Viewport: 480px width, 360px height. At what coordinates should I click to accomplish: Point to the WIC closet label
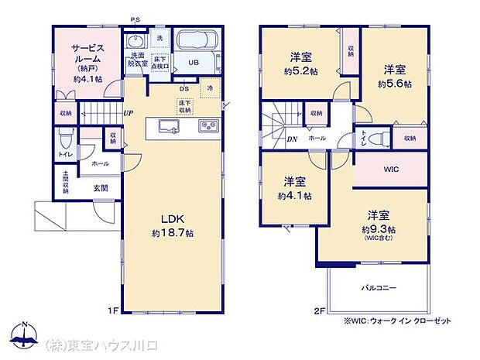(391, 170)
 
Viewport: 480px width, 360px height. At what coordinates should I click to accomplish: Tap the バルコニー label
(379, 287)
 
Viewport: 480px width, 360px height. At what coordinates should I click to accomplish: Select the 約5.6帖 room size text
(395, 83)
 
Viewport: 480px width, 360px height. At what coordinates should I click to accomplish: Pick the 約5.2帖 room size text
(301, 68)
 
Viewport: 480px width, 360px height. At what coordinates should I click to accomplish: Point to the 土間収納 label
(66, 183)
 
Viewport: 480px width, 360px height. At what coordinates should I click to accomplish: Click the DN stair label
(270, 139)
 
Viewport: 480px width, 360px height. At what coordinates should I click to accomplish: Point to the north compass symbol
(24, 333)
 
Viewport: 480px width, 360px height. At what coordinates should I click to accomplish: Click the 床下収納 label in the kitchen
(185, 107)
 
